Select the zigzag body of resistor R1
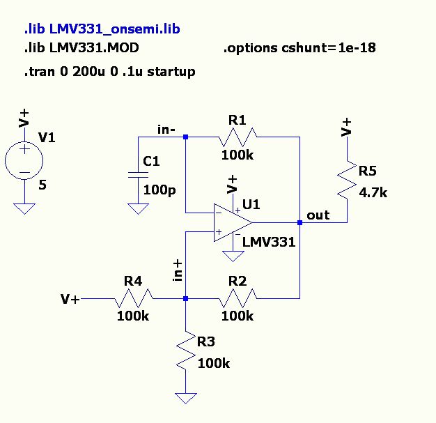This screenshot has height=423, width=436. pos(238,137)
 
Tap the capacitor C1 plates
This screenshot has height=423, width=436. pos(138,175)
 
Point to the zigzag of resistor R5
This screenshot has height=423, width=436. pos(347,180)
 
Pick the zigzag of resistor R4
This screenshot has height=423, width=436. pos(134,298)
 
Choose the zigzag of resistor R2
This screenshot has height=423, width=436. pos(238,298)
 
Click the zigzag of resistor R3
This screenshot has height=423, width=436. pos(186,351)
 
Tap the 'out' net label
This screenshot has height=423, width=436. pos(318,215)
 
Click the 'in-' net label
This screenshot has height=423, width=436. pos(166,130)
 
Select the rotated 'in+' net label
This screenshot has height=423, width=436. pos(178,271)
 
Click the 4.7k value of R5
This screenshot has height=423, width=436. pos(373,192)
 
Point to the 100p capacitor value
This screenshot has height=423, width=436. pos(159,190)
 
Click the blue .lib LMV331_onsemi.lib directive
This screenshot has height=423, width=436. pos(102,29)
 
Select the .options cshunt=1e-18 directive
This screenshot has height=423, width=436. pos(299,48)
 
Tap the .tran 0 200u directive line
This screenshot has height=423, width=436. pos(110,72)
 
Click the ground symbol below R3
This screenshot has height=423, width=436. pos(186,398)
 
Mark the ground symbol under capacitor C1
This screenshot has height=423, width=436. pos(138,209)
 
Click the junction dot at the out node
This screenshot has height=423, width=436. pos(299,222)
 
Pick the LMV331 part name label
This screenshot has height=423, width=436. pos(269,242)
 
